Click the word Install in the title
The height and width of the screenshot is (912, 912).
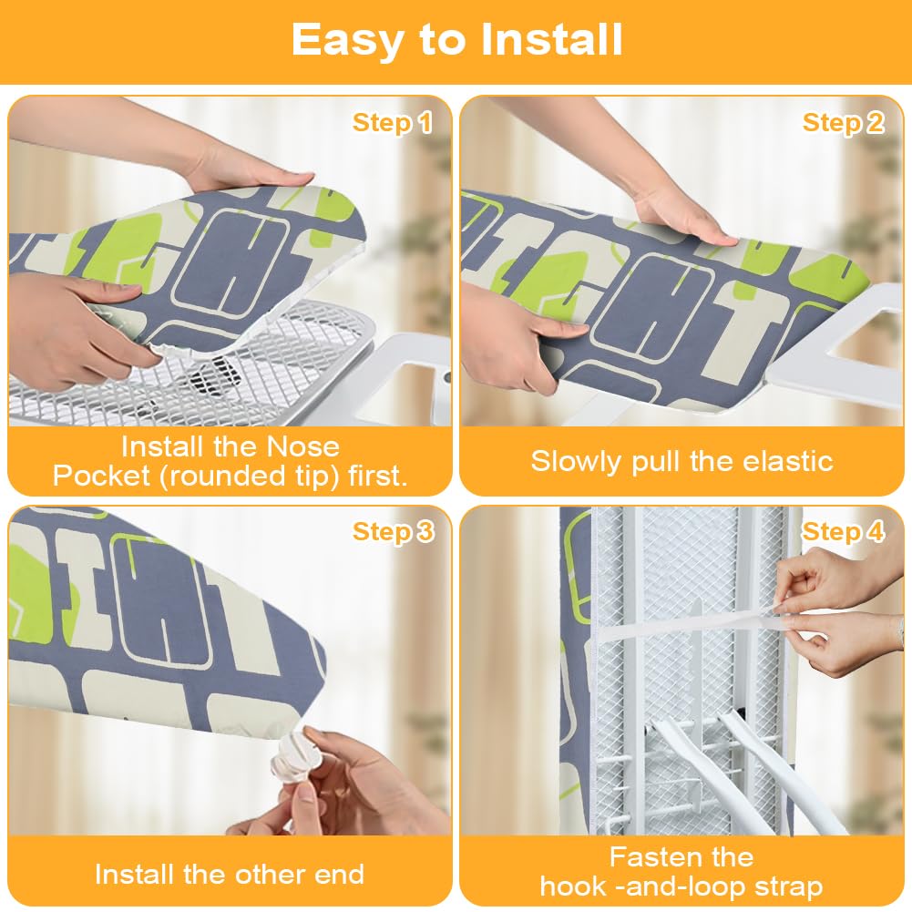[552, 39]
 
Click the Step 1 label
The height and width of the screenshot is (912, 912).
[393, 123]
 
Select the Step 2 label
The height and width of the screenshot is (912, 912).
[844, 123]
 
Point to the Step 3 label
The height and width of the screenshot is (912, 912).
[394, 532]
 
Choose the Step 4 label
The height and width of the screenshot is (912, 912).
[844, 532]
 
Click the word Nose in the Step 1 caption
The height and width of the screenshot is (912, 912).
[302, 446]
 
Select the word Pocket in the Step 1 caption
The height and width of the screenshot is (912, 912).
[101, 476]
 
